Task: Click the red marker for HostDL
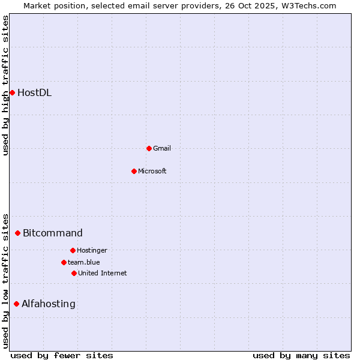pyautogui.click(x=12, y=92)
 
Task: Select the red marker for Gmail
pyautogui.click(x=149, y=148)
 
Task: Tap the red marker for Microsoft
pyautogui.click(x=134, y=171)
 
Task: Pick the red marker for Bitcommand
pyautogui.click(x=17, y=233)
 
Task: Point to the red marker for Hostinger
pyautogui.click(x=73, y=250)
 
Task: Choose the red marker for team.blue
pyautogui.click(x=64, y=262)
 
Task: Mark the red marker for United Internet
pyautogui.click(x=74, y=273)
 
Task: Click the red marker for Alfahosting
pyautogui.click(x=16, y=304)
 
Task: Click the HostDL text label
pyautogui.click(x=34, y=92)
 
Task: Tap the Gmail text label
pyautogui.click(x=162, y=148)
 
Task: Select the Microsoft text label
pyautogui.click(x=152, y=171)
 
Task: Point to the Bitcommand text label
pyautogui.click(x=53, y=233)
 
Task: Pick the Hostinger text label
pyautogui.click(x=92, y=250)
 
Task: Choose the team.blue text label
pyautogui.click(x=84, y=262)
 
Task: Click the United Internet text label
pyautogui.click(x=102, y=273)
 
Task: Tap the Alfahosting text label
pyautogui.click(x=49, y=304)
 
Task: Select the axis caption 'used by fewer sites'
pyautogui.click(x=62, y=355)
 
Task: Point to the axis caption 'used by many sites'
pyautogui.click(x=301, y=355)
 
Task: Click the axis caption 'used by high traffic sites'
pyautogui.click(x=5, y=85)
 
